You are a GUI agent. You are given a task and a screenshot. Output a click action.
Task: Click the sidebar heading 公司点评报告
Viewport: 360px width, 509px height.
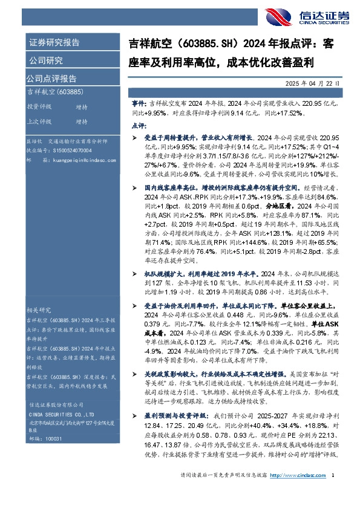click(x=51, y=78)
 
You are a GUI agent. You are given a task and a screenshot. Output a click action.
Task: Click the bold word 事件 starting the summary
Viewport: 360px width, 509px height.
click(x=139, y=104)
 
